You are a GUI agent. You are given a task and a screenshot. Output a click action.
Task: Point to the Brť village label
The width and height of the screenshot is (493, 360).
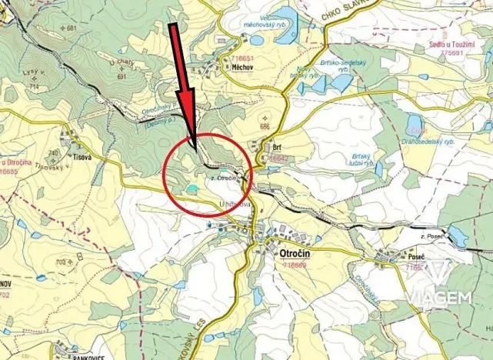tap(278, 145)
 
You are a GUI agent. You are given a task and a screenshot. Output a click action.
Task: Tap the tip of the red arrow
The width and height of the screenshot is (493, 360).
tap(192, 152)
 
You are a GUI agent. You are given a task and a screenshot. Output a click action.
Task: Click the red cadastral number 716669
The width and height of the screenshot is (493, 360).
tap(289, 265)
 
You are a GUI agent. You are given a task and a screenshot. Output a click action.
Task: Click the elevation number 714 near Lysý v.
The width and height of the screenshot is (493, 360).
tap(34, 87)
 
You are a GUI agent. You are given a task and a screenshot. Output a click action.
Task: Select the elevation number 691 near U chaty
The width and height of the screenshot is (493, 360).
tap(122, 77)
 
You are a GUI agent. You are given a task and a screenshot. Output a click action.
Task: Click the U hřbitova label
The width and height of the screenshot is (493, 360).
tap(235, 203)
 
